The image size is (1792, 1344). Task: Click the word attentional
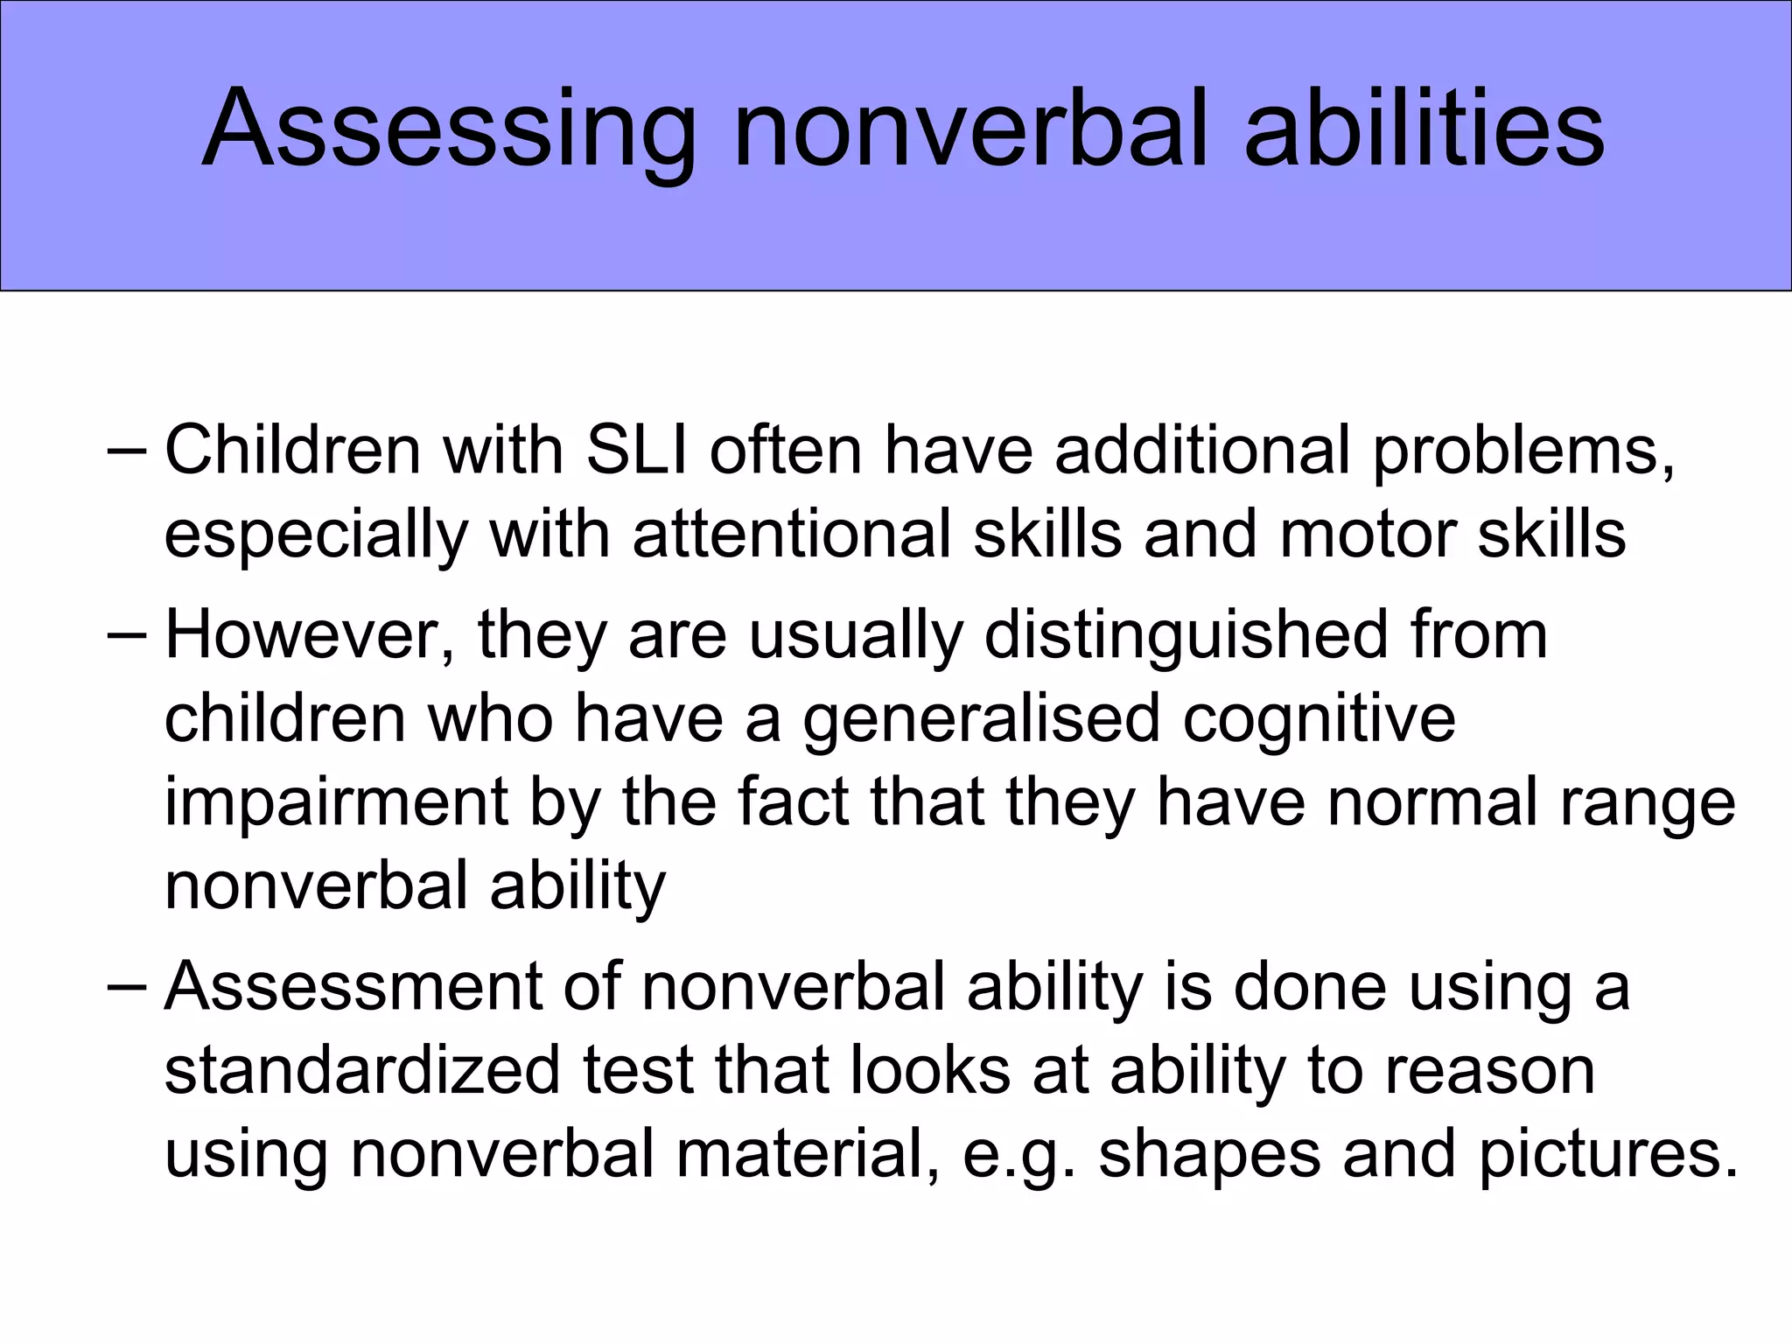pyautogui.click(x=791, y=535)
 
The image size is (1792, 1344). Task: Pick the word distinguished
pyautogui.click(x=1186, y=636)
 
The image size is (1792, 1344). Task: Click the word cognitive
pyautogui.click(x=1319, y=719)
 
